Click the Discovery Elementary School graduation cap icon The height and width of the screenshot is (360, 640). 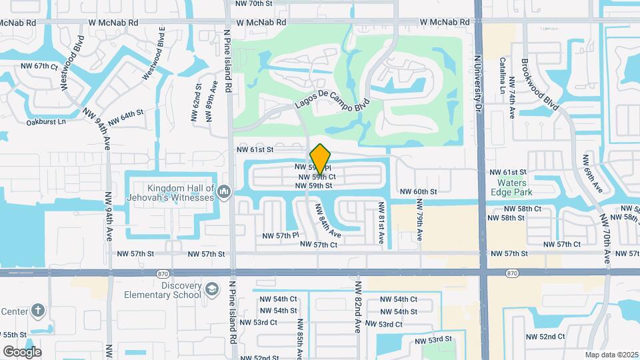[x=211, y=290]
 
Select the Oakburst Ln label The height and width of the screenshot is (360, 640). [x=47, y=122]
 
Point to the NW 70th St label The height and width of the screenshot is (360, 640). [x=255, y=3]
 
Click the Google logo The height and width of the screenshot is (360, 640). [x=22, y=351]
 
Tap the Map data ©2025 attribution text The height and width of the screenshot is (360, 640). [x=611, y=355]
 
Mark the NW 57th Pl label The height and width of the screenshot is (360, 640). [x=279, y=235]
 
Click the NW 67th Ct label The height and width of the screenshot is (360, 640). [x=41, y=66]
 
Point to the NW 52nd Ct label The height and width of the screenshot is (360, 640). [x=553, y=337]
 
